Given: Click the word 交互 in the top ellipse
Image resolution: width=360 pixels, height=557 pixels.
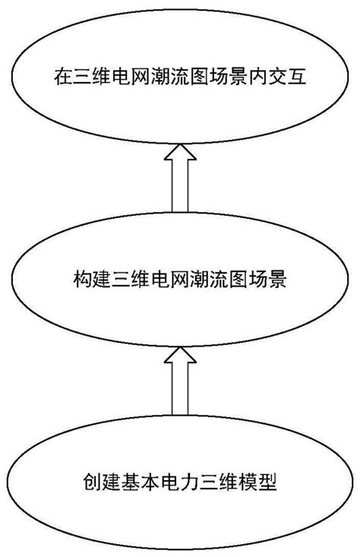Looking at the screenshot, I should pos(292,78).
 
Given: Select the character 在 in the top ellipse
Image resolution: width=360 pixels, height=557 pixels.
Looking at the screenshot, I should pos(64,78).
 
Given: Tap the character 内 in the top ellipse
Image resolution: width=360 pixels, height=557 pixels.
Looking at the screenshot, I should pos(264,78).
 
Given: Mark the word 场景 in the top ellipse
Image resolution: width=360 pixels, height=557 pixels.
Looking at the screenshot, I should pos(235,78).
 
